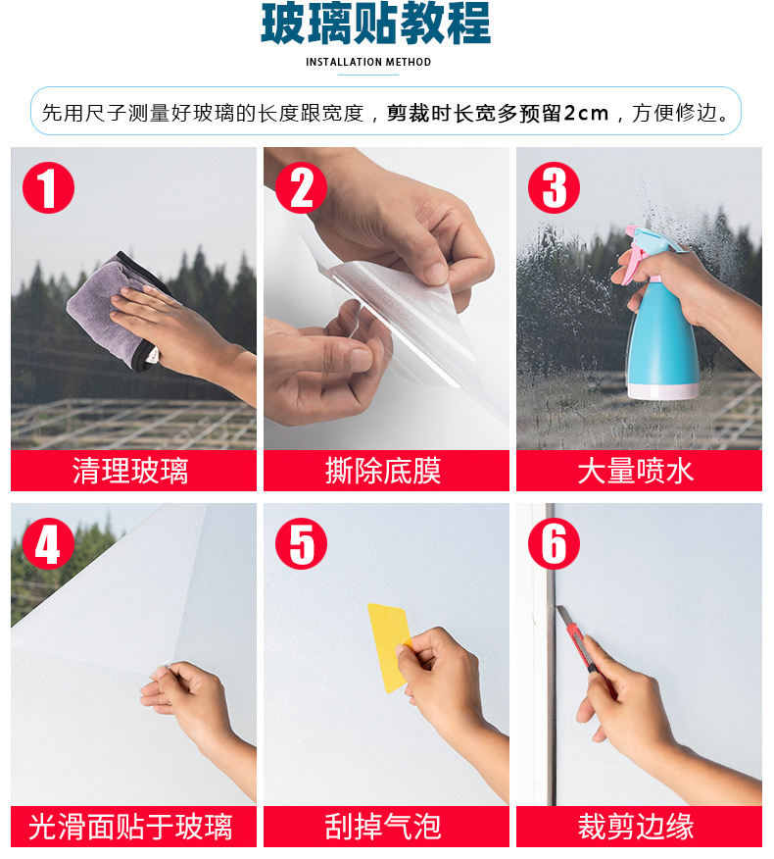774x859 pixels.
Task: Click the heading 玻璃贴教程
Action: coord(375,25)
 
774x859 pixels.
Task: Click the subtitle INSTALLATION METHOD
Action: coord(368,62)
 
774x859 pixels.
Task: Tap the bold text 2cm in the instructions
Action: coord(586,113)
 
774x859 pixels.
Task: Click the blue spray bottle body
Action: coord(662,343)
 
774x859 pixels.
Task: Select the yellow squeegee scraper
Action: coord(388,642)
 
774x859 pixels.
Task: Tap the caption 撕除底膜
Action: coord(383,471)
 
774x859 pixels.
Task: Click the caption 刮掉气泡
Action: coord(383,827)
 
